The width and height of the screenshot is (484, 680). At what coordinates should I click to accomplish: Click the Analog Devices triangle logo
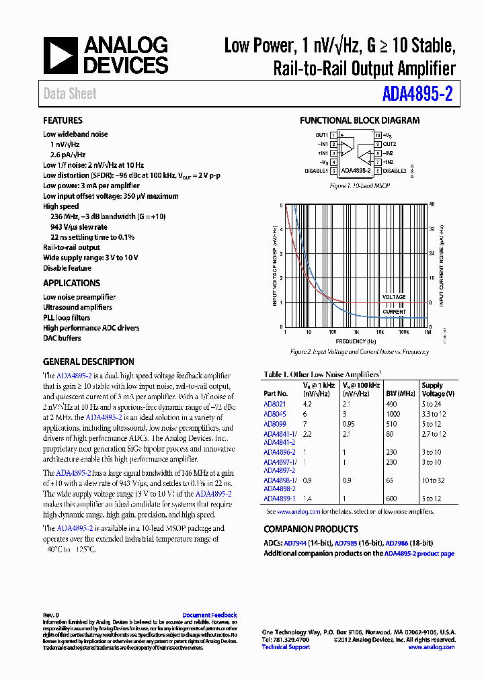click(61, 55)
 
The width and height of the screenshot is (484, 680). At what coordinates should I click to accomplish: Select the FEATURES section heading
click(63, 120)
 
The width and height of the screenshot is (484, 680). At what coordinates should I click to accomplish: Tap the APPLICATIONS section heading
click(71, 283)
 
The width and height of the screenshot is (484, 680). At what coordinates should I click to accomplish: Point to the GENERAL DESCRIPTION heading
click(88, 362)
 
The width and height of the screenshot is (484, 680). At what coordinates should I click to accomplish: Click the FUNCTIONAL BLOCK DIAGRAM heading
click(359, 120)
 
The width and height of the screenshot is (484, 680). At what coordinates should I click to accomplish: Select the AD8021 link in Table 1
click(274, 405)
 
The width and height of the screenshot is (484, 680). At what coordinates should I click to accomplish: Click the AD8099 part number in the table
click(274, 424)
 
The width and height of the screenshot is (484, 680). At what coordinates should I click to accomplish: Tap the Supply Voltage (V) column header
click(438, 390)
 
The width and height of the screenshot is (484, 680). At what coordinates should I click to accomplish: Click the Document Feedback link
click(210, 615)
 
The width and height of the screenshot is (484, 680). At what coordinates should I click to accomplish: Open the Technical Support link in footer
click(286, 647)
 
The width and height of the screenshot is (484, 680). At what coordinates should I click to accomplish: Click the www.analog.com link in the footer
click(432, 647)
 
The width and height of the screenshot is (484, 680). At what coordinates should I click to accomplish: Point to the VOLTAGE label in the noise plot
click(394, 297)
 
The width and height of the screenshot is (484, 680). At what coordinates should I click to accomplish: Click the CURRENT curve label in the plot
click(395, 312)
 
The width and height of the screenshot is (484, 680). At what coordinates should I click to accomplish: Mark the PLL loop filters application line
click(67, 318)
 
